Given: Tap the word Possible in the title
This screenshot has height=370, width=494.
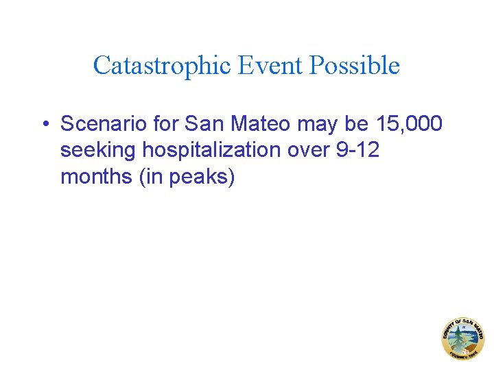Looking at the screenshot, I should (355, 66).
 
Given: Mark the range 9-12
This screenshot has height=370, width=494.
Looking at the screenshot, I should (357, 150).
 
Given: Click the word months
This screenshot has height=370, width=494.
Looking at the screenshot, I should (97, 176).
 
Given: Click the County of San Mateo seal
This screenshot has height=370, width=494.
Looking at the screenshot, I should (462, 338).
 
